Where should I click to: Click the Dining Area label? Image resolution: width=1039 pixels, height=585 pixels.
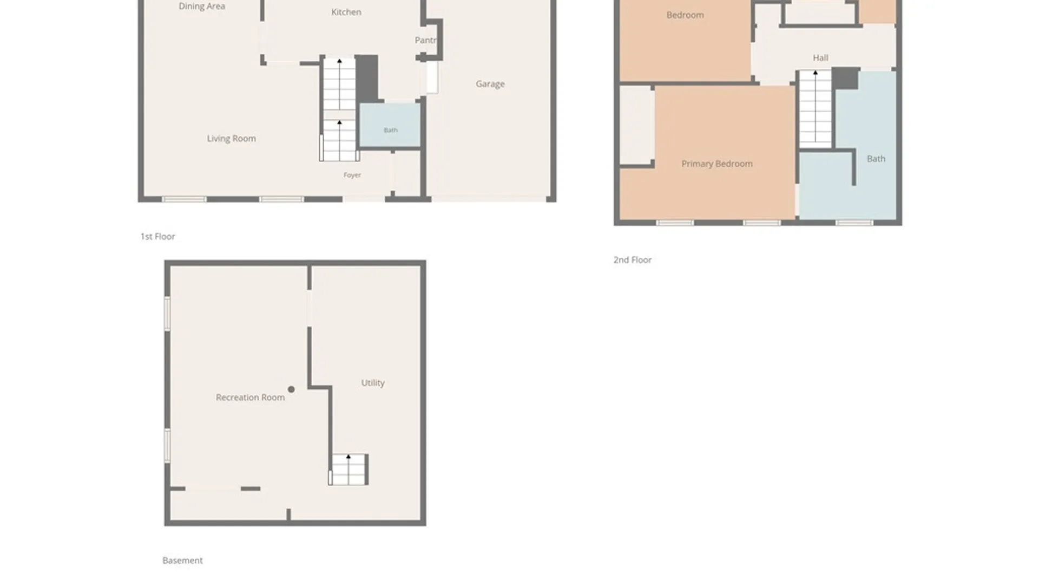202,6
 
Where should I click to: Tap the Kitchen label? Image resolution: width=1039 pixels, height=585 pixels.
346,12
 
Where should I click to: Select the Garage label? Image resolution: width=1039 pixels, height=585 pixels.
490,84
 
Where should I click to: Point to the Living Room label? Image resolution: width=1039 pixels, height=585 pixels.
232,139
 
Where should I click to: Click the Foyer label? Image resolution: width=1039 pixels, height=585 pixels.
352,175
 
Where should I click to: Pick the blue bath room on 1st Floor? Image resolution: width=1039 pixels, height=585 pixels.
390,125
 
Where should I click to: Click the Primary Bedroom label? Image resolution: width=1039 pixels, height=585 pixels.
717,164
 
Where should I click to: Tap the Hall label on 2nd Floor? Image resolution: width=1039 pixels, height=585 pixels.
820,58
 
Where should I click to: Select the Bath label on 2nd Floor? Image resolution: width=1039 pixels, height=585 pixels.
876,159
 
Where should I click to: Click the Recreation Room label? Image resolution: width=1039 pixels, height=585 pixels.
250,398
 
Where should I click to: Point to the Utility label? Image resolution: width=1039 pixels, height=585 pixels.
373,383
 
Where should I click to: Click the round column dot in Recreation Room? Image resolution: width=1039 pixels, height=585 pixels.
291,389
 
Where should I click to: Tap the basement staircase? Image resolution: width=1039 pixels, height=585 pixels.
348,470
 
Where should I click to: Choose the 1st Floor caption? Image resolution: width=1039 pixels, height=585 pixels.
157,237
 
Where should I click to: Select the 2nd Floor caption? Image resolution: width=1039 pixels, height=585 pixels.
633,260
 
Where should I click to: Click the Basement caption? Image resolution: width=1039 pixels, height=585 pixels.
182,561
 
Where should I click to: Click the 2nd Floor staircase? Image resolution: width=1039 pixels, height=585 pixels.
816,108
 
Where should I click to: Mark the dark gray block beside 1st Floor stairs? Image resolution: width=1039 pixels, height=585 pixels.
367,79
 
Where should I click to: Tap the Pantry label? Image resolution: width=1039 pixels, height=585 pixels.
425,40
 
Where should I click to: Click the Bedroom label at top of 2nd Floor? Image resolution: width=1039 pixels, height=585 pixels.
685,15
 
